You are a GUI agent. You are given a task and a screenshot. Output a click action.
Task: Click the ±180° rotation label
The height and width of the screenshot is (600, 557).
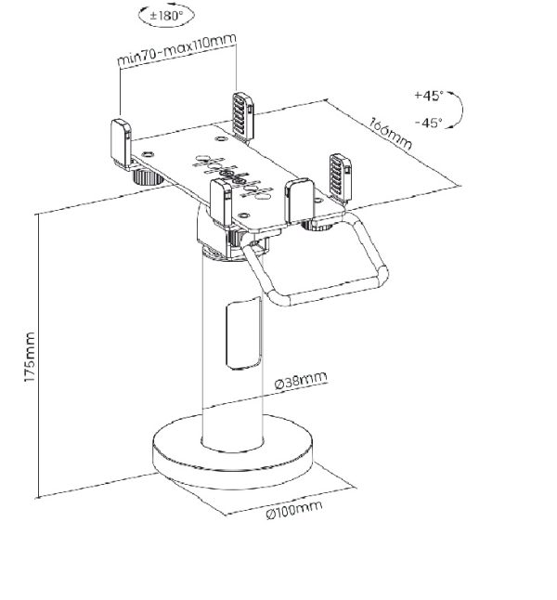coord(165,16)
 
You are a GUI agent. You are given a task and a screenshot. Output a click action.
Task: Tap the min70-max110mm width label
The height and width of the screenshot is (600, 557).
coord(176,50)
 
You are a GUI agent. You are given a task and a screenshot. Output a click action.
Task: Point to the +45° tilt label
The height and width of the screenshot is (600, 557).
coord(429,95)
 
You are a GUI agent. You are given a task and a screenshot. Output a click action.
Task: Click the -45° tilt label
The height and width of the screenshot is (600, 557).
coord(429,123)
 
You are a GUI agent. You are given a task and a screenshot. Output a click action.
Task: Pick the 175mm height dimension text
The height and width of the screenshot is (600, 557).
coord(29,357)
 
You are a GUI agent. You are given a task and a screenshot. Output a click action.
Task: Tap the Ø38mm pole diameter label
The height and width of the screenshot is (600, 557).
coord(301,380)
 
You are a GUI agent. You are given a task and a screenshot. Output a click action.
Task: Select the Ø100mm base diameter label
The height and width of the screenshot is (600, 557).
coord(294,509)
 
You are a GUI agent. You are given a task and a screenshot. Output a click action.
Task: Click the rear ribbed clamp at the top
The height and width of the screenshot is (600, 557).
coord(243,117)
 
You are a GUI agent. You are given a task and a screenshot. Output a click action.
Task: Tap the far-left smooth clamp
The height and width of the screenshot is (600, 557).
coord(122,144)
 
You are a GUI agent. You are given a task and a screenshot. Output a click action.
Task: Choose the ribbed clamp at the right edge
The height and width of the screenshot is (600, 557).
coord(341,177)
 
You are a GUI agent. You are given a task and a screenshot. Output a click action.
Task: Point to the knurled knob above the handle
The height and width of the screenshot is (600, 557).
coord(317,226)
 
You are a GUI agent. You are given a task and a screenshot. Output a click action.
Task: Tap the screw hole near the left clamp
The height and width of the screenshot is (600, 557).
coord(148,154)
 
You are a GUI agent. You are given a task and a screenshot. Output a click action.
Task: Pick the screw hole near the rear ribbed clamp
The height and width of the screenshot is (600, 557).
coord(220,138)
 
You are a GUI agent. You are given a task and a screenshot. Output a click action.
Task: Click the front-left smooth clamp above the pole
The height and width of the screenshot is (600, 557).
coord(221,202)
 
